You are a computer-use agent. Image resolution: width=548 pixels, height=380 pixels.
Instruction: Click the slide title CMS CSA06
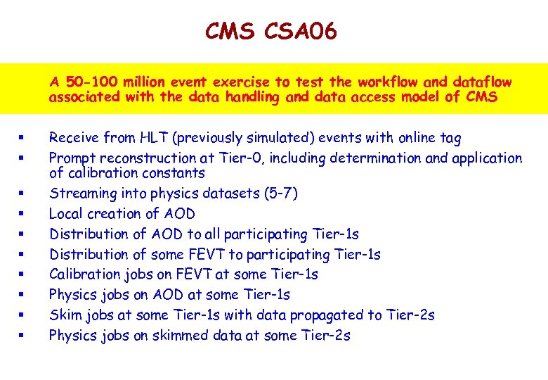pyautogui.click(x=271, y=31)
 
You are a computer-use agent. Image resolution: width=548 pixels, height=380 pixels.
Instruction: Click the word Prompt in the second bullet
pyautogui.click(x=72, y=158)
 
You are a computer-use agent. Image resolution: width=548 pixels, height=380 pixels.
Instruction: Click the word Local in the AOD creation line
pyautogui.click(x=65, y=214)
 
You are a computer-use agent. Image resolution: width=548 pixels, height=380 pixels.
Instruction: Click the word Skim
pyautogui.click(x=63, y=315)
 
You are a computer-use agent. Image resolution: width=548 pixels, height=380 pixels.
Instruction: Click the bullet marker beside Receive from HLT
pyautogui.click(x=24, y=138)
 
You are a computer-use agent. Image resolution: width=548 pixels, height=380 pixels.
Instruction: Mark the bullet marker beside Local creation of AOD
pyautogui.click(x=24, y=214)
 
